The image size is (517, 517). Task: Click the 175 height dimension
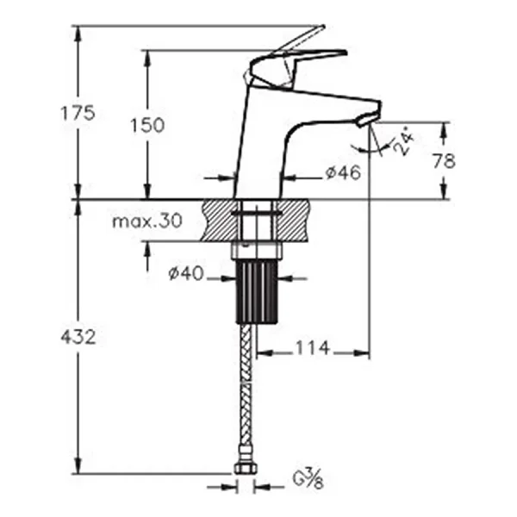pyautogui.click(x=78, y=113)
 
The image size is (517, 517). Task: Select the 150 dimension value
pyautogui.click(x=147, y=125)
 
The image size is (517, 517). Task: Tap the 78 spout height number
pyautogui.click(x=444, y=161)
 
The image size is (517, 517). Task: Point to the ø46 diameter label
pyautogui.click(x=343, y=172)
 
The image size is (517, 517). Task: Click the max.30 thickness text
pyautogui.click(x=147, y=221)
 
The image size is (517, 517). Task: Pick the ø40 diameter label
pyautogui.click(x=186, y=273)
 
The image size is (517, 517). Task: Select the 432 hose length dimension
pyautogui.click(x=78, y=337)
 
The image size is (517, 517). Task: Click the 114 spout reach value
pyautogui.click(x=312, y=348)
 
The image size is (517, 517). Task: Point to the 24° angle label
pyautogui.click(x=404, y=143)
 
